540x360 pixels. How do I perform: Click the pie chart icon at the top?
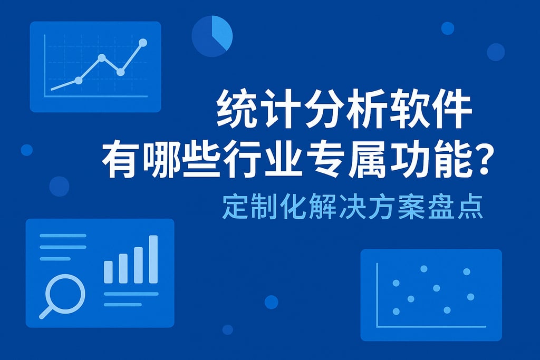(212, 36)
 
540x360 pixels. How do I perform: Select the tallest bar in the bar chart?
(153, 259)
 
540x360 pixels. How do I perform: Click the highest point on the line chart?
(143, 42)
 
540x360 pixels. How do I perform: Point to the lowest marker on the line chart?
(79, 81)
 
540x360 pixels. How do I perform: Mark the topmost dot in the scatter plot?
(423, 269)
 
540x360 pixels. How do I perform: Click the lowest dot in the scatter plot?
(396, 312)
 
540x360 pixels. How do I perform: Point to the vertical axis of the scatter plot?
(378, 295)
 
